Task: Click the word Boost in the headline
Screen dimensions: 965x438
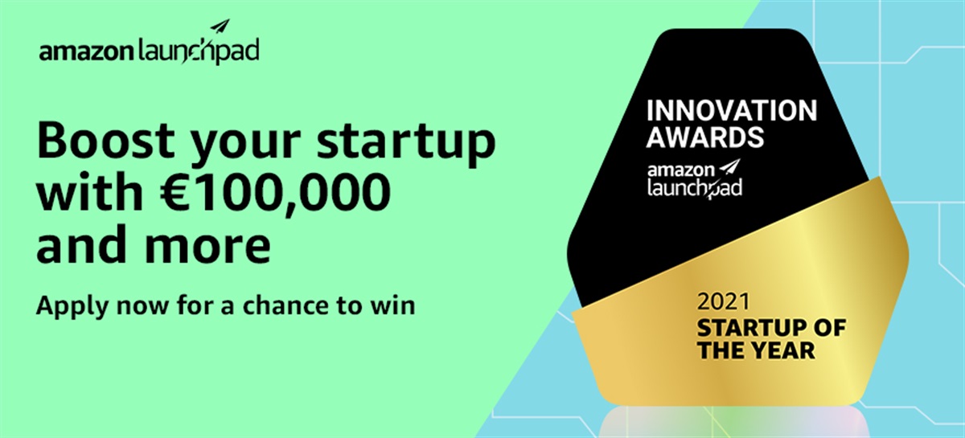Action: click(105, 140)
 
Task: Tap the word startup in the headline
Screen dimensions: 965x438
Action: click(406, 143)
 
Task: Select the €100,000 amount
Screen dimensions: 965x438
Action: click(275, 192)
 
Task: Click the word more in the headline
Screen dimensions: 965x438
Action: click(208, 245)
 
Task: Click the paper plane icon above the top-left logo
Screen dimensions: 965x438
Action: click(220, 27)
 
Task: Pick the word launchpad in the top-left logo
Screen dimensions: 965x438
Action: click(198, 51)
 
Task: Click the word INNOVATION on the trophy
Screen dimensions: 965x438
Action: click(732, 111)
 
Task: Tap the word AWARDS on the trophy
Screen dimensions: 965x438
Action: click(704, 137)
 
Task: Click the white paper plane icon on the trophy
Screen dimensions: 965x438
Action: click(730, 167)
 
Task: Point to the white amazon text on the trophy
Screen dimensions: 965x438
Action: click(680, 170)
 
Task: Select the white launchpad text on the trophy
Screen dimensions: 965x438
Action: click(695, 188)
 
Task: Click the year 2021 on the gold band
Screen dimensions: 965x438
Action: click(724, 301)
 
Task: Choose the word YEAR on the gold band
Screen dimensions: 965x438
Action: click(786, 350)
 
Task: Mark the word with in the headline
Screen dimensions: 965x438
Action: click(89, 190)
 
